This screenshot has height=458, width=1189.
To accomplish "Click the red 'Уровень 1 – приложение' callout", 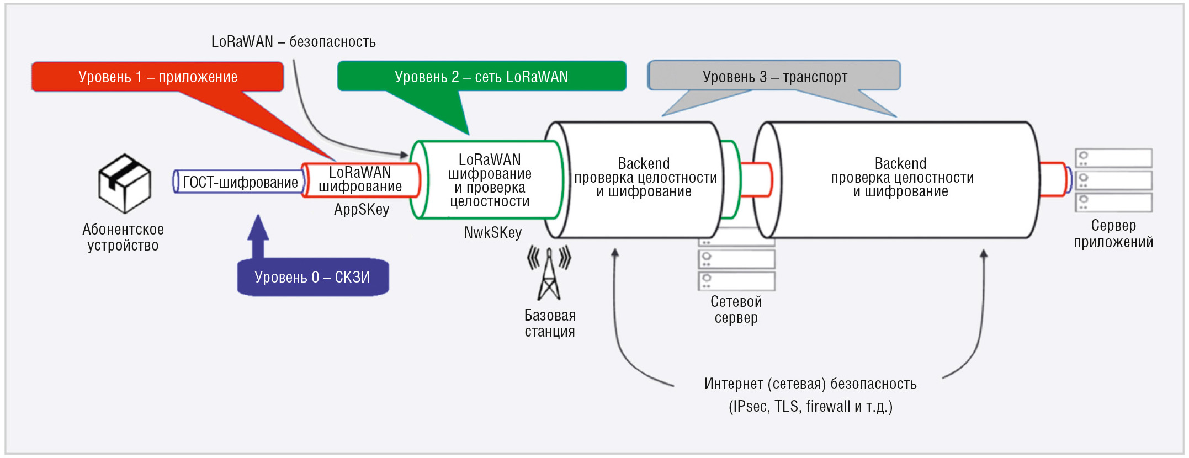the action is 158,77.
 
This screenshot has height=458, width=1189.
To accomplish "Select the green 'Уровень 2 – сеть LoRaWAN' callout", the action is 481,77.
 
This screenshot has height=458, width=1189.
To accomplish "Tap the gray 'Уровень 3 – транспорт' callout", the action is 774,76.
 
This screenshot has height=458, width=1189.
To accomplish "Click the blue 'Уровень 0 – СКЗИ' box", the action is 313,277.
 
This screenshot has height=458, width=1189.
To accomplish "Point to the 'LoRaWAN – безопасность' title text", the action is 294,42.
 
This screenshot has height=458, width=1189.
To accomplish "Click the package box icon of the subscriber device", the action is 124,183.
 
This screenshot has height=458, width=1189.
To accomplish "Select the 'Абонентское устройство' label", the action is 123,237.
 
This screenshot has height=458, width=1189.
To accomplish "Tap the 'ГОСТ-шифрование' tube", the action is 239,182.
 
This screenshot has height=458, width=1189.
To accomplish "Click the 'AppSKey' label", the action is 362,210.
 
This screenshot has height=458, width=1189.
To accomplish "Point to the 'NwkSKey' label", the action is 493,232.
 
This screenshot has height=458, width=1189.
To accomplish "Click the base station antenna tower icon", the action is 549,273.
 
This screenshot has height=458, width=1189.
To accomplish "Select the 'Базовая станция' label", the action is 550,323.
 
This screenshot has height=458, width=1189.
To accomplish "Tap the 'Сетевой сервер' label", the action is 736,310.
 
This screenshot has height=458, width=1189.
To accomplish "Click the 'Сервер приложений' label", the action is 1113,234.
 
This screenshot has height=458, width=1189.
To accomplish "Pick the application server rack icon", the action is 1114,180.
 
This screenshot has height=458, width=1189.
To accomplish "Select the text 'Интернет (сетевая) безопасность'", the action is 810,384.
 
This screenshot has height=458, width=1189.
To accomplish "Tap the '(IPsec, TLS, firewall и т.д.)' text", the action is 810,407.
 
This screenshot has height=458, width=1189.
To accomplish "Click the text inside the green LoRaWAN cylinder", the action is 490,180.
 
